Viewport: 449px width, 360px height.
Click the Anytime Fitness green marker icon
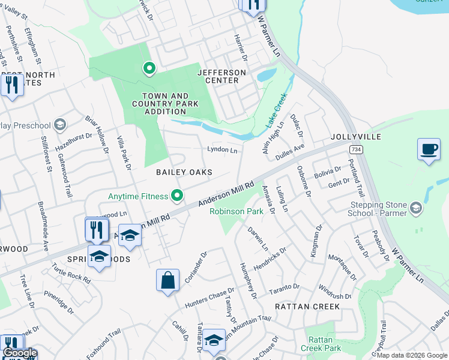tap(177, 196)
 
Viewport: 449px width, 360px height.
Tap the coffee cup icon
tap(429, 149)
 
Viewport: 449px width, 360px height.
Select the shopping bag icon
tap(167, 280)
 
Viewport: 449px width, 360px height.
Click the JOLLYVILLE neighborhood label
tap(355, 137)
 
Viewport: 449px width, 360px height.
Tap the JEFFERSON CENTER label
tap(221, 77)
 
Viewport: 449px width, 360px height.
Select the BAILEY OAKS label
tap(184, 172)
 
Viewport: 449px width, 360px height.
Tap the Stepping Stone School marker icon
tap(415, 208)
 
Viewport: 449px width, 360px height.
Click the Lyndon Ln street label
tap(222, 149)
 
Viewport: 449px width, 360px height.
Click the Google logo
tap(20, 353)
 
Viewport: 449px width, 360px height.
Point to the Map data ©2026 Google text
tap(412, 355)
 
